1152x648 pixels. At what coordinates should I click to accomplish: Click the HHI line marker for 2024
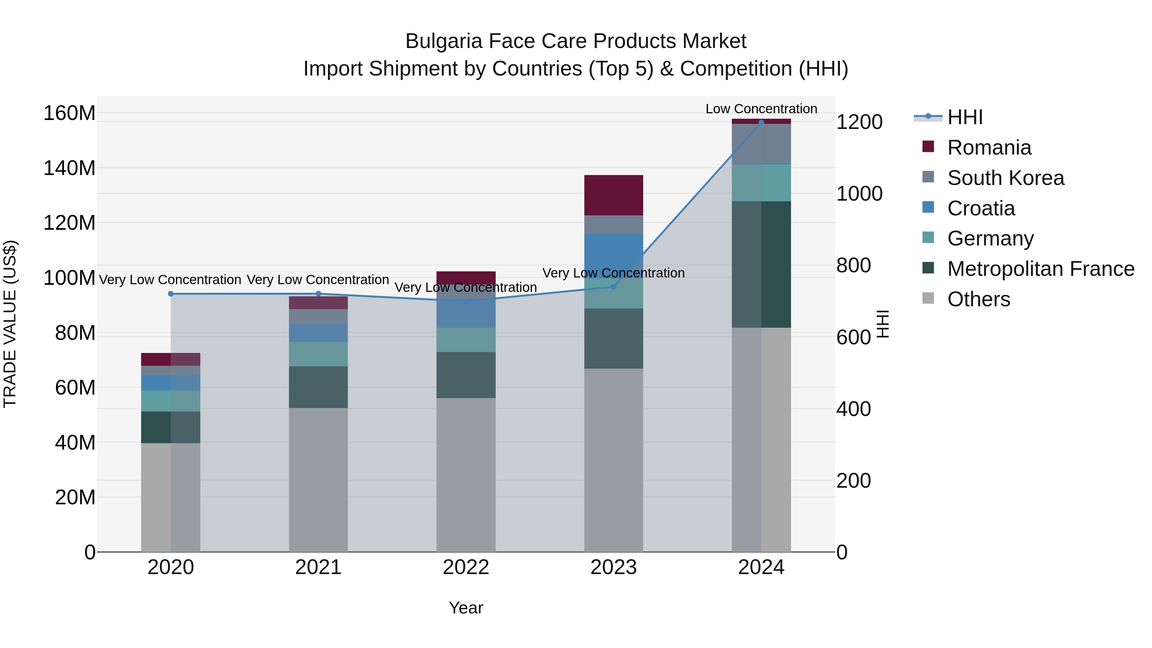761,122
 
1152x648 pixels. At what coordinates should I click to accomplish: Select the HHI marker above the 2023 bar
613,287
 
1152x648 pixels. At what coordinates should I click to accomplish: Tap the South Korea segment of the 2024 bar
761,144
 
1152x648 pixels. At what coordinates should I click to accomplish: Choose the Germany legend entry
990,238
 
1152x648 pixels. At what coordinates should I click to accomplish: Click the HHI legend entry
964,117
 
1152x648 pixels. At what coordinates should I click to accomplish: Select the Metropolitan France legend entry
1040,269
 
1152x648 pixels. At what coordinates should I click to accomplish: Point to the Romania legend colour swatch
928,147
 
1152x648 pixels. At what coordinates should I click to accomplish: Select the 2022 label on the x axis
466,567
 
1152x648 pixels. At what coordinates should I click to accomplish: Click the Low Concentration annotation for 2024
761,109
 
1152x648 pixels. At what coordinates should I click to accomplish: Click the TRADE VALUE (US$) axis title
10,324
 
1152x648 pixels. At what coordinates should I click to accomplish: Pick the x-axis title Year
466,608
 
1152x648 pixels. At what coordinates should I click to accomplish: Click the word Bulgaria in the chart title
443,41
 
